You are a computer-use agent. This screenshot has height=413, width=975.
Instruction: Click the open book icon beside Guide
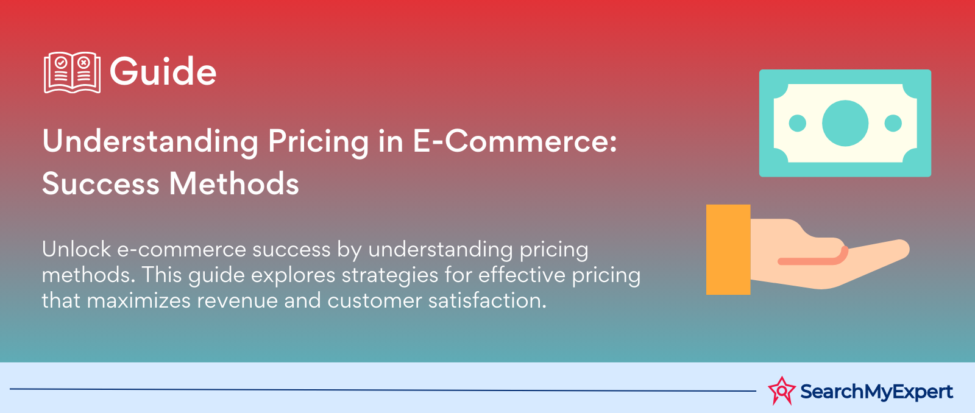point(72,72)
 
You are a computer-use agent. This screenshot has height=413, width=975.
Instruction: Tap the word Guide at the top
point(163,72)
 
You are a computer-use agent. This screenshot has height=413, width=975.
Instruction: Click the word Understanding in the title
point(151,142)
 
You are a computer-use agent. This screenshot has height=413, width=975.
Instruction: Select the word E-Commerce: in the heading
point(515,141)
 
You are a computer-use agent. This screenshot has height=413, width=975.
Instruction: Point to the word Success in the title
point(100,183)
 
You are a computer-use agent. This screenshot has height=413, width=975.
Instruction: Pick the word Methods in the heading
point(234,183)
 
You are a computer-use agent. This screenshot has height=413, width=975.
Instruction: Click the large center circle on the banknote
point(845,123)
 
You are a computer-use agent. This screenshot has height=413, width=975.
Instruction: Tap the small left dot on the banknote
point(798,123)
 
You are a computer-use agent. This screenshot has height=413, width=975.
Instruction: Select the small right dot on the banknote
point(893,123)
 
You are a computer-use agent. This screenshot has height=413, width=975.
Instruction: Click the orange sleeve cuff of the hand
point(728,250)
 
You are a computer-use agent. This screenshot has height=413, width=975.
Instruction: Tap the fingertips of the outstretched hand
point(898,249)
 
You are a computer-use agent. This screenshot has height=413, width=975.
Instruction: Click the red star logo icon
point(781,390)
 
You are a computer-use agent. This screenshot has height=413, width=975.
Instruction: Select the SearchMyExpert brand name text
point(876,391)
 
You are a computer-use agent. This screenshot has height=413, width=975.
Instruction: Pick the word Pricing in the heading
point(319,142)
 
